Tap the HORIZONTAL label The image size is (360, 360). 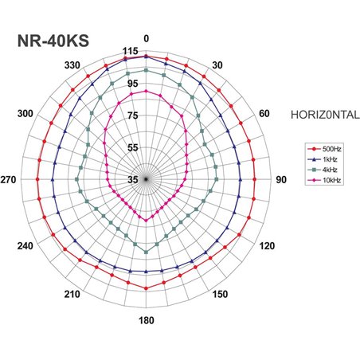(x=327, y=115)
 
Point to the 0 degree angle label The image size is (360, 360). (x=146, y=38)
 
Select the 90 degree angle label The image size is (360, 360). (x=280, y=180)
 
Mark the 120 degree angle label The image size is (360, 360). (x=265, y=247)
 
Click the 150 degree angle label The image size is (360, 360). (x=219, y=295)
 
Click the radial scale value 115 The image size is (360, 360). (x=131, y=52)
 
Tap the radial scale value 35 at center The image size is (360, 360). (x=133, y=180)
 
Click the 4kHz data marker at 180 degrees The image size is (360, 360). (x=146, y=252)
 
